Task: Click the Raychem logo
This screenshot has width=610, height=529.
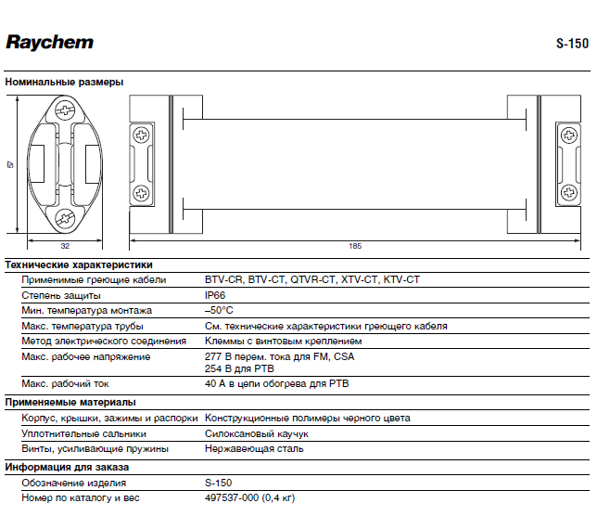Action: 49,42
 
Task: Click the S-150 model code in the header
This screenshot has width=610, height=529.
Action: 572,44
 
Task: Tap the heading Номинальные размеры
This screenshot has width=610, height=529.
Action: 64,82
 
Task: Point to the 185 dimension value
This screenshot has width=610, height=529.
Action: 355,246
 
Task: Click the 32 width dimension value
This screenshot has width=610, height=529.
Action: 65,246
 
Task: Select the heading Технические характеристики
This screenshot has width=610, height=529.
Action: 79,264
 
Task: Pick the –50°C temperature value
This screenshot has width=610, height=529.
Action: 219,310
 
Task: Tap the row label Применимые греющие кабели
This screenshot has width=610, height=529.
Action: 94,279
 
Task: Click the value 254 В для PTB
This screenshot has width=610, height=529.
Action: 241,368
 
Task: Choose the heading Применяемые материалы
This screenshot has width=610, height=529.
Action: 70,402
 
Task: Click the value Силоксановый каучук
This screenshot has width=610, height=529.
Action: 257,433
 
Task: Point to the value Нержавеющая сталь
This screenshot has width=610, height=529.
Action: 253,448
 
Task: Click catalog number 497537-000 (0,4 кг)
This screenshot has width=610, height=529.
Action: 249,498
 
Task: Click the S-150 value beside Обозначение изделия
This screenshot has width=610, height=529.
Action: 219,483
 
